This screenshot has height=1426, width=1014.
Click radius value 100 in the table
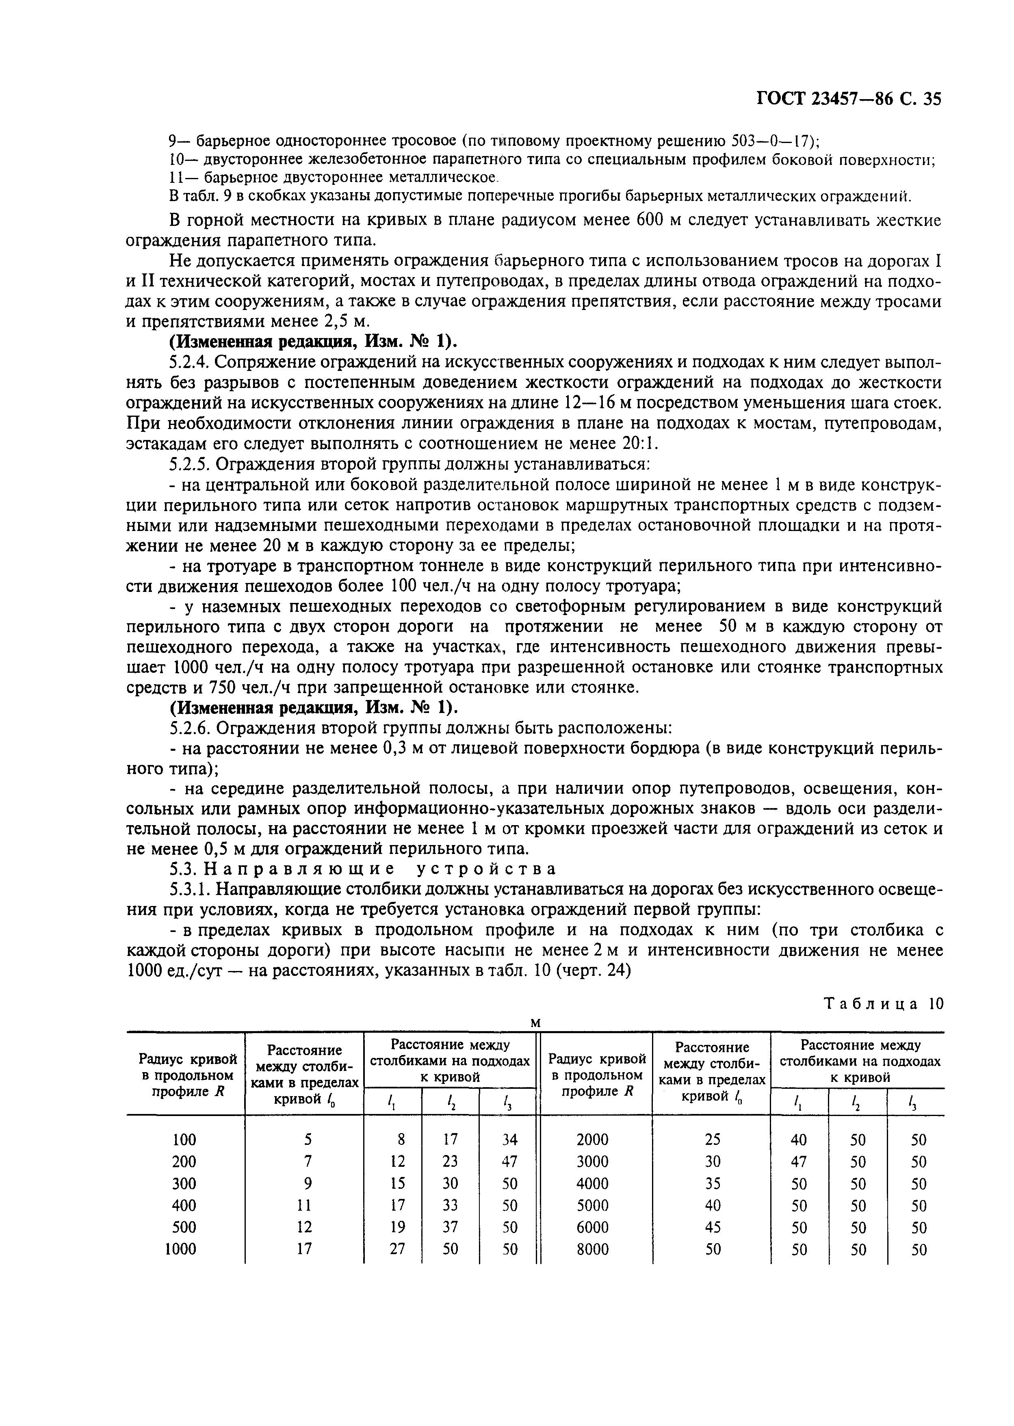click(x=184, y=1140)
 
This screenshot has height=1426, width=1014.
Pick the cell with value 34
click(x=509, y=1140)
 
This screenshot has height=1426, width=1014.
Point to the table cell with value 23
click(x=450, y=1161)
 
